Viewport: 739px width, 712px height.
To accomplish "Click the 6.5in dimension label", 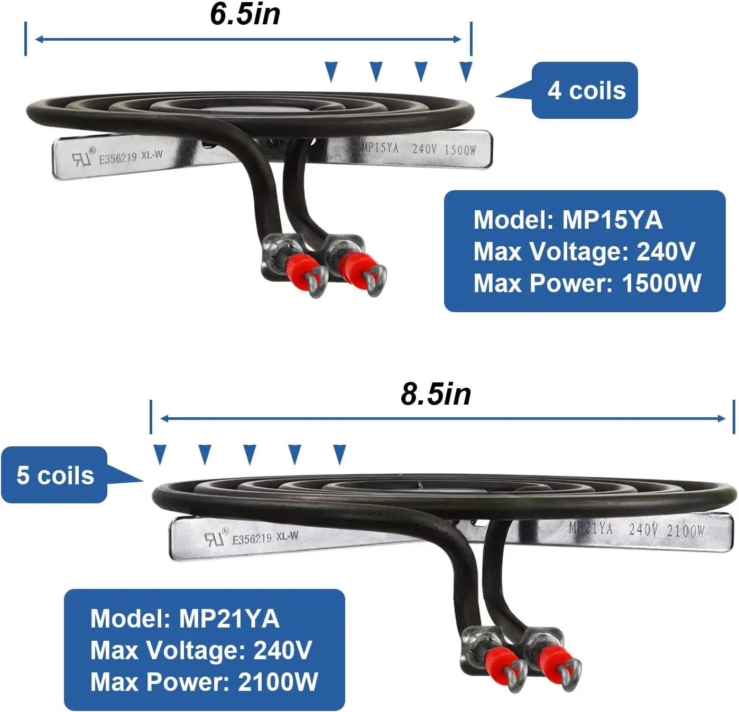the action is coord(245,14).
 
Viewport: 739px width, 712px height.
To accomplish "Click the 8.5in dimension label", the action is coord(436,394).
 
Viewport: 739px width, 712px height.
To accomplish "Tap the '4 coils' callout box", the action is coord(585,90).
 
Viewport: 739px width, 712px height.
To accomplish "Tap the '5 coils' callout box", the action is coord(54,475).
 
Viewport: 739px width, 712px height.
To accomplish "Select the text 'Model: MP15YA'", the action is coord(568,220).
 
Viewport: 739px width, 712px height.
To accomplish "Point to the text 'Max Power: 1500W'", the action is coord(587,283).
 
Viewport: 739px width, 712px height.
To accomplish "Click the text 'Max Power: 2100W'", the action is coord(204,682).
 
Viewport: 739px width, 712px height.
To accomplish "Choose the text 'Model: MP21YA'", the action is coord(184,619).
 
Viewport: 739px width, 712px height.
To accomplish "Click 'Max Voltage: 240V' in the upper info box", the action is coord(584,251).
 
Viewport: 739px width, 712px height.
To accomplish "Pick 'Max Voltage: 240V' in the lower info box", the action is coord(201,650).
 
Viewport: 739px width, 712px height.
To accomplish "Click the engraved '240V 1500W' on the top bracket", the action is coord(444,149).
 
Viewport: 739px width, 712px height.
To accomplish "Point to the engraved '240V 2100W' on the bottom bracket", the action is coord(666,530).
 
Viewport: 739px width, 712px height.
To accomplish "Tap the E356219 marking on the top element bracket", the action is coord(117,157).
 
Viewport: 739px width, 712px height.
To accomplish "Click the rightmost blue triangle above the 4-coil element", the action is coord(466,71).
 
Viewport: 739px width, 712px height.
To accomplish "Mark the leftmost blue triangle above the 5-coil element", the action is coord(160,454).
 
